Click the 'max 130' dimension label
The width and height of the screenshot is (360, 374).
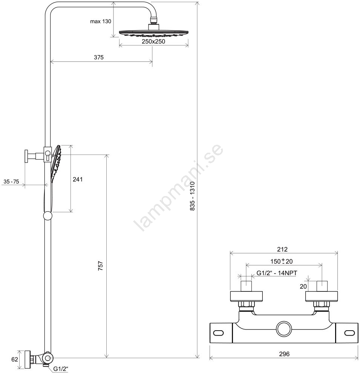pos(100,21)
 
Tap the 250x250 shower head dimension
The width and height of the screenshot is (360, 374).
pos(153,41)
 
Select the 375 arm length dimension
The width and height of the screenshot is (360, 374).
pos(99,57)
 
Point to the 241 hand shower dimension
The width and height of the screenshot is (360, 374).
pos(78,179)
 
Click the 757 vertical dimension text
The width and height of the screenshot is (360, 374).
pos(101,265)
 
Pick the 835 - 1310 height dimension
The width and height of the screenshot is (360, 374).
pos(192,196)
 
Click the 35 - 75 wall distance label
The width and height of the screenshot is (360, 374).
pos(11,181)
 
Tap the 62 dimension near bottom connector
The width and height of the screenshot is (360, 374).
pos(15,359)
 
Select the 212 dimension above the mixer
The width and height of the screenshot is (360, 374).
pos(282,249)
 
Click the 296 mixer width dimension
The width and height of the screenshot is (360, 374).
pos(284,354)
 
